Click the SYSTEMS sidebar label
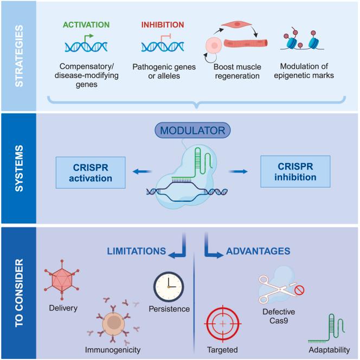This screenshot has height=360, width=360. pyautogui.click(x=18, y=169)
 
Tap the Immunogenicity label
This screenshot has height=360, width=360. pyautogui.click(x=112, y=350)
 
